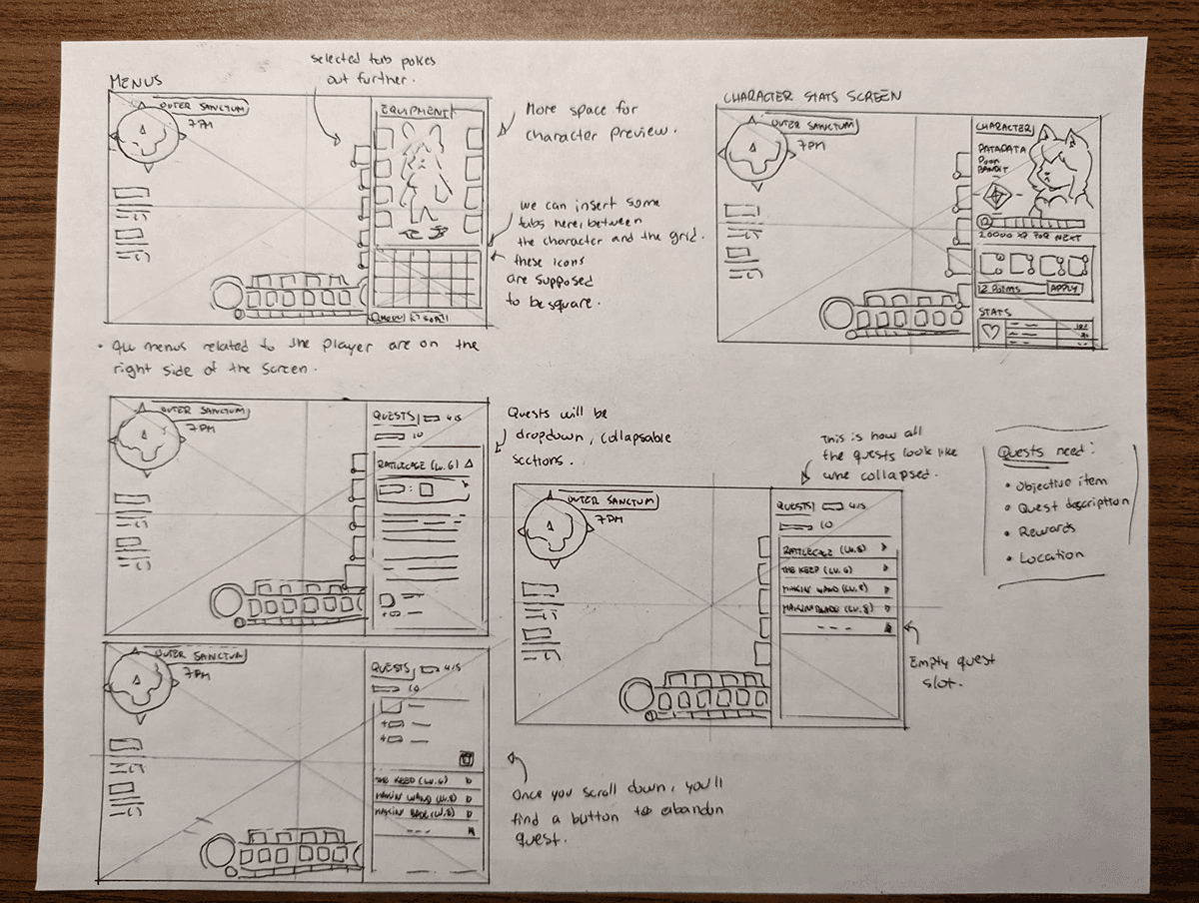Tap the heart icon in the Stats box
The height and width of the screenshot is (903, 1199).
pyautogui.click(x=991, y=333)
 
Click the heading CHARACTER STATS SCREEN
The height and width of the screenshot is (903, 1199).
pyautogui.click(x=810, y=97)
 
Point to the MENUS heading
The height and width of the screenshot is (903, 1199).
pyautogui.click(x=135, y=81)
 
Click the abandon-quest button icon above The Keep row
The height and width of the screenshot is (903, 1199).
pyautogui.click(x=466, y=760)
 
